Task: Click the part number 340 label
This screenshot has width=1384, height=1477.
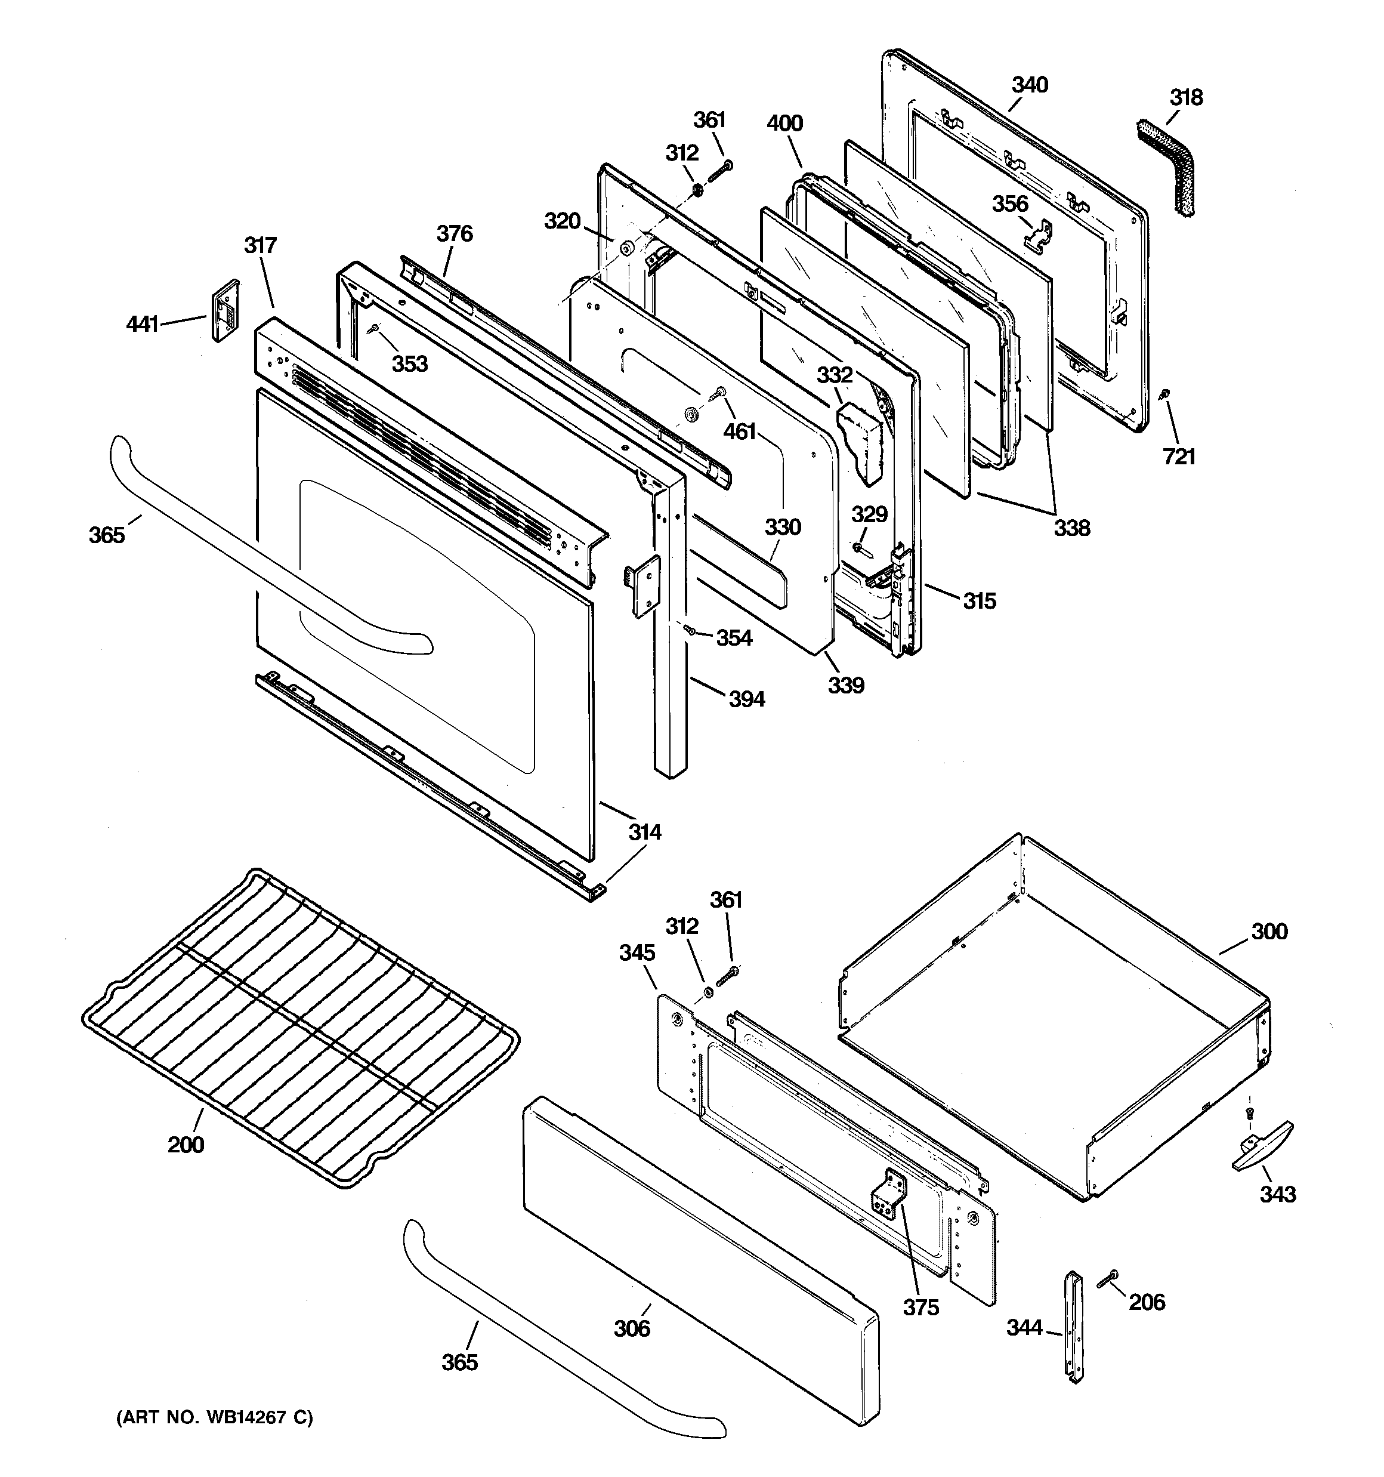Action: click(1030, 85)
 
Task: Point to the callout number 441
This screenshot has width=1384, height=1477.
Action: click(143, 324)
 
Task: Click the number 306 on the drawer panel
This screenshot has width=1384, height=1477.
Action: click(632, 1328)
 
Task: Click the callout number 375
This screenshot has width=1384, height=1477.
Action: click(921, 1307)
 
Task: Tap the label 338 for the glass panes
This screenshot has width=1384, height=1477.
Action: click(1072, 528)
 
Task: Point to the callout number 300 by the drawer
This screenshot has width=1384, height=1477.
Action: click(1269, 932)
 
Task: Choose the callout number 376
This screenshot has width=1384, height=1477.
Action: click(454, 234)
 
